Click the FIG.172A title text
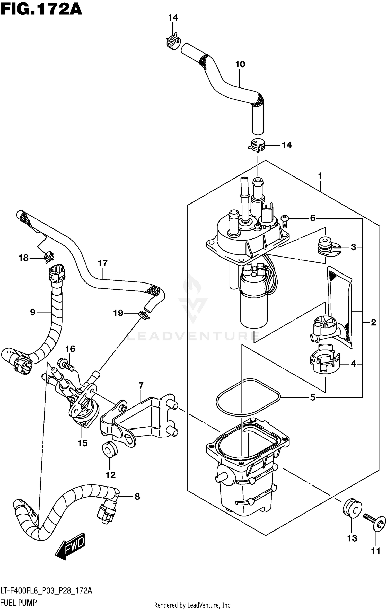pyautogui.click(x=41, y=10)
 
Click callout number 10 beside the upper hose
pyautogui.click(x=240, y=64)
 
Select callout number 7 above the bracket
pyautogui.click(x=141, y=386)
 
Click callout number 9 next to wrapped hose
pyautogui.click(x=33, y=312)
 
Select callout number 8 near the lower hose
pyautogui.click(x=137, y=496)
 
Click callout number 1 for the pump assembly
pyautogui.click(x=320, y=176)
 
